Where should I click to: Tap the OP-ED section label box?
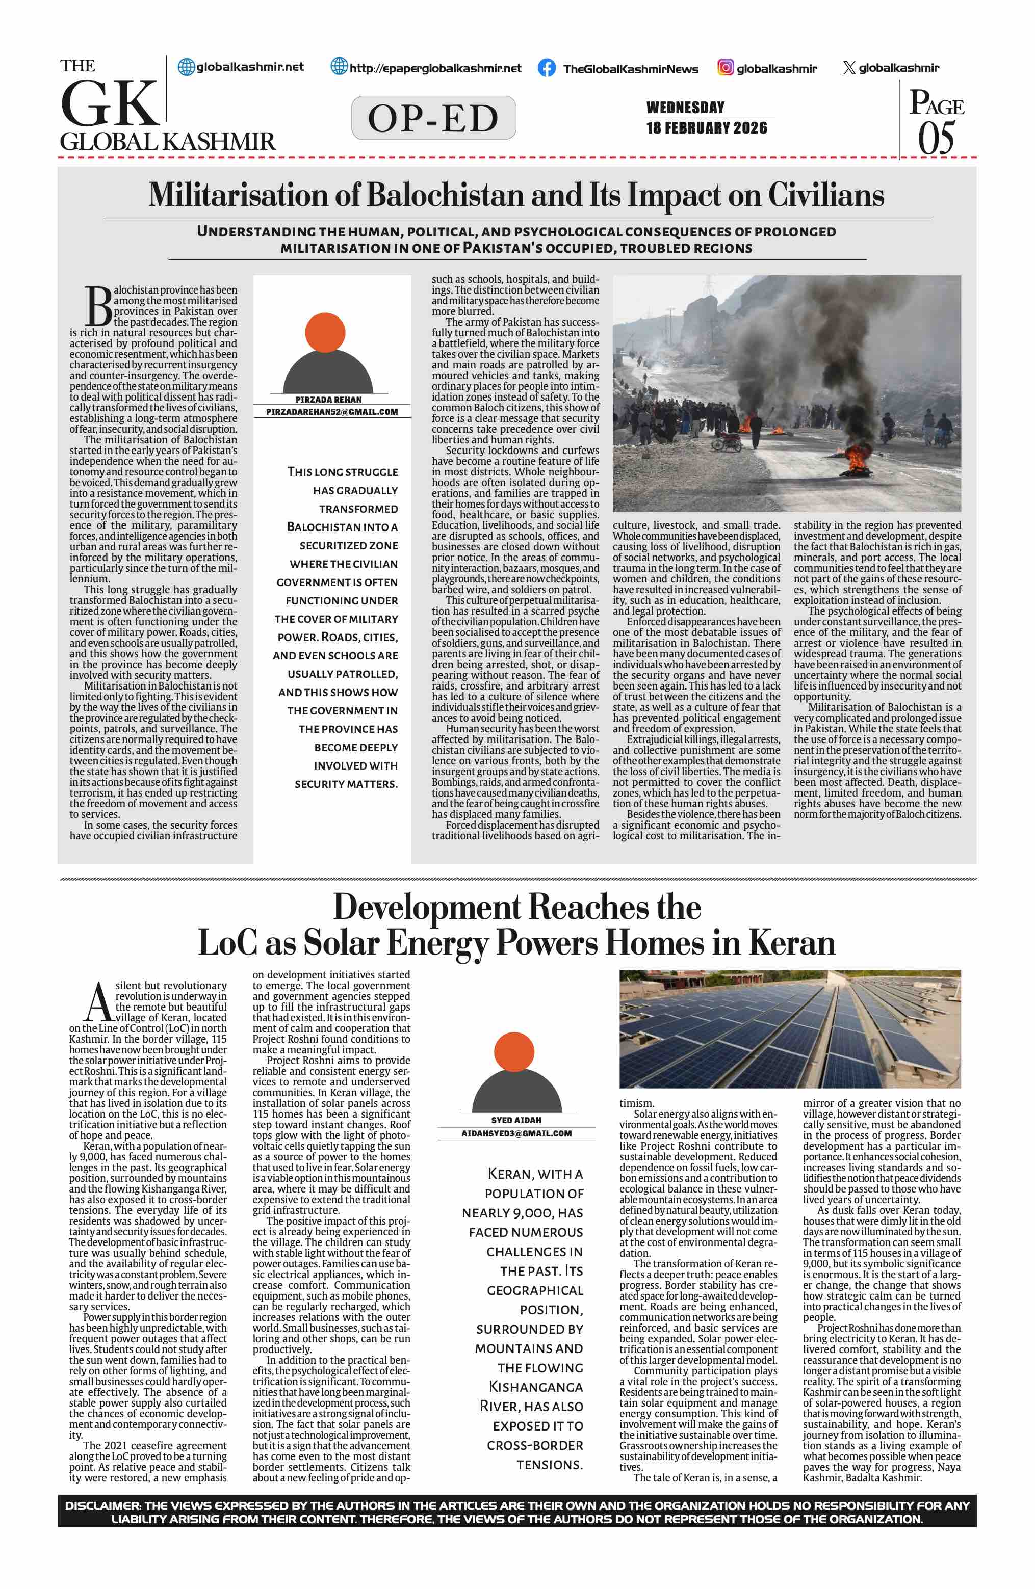[433, 118]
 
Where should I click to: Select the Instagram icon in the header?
[725, 67]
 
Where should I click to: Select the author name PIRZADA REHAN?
[328, 399]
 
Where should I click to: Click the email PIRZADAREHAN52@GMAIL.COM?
[332, 412]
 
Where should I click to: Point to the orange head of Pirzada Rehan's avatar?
[325, 332]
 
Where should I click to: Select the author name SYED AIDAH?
[516, 1120]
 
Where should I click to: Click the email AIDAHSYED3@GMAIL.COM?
[516, 1133]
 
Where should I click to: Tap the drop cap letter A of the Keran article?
[99, 1001]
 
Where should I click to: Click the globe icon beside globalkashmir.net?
[186, 67]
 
